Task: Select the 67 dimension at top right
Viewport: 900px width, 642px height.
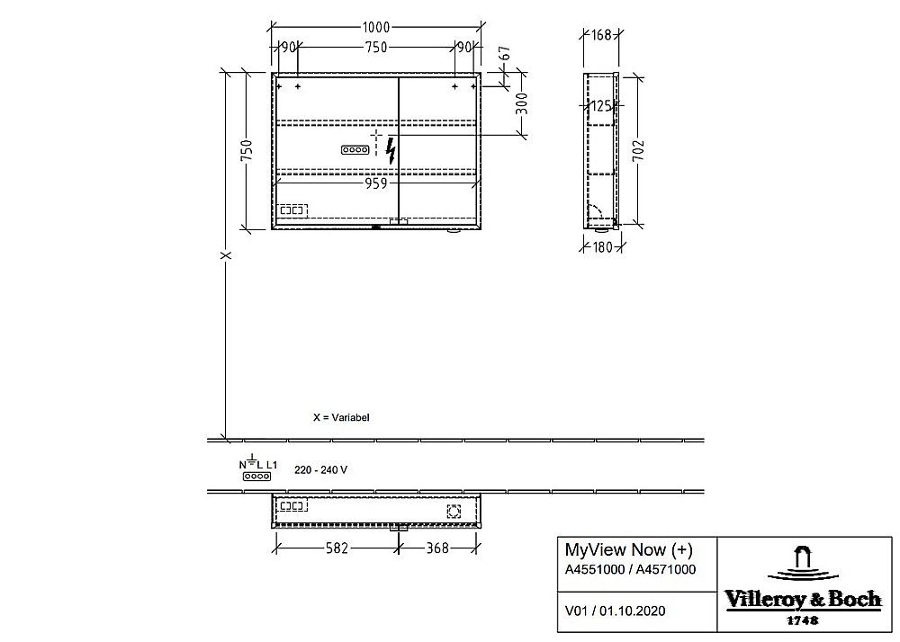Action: coord(505,54)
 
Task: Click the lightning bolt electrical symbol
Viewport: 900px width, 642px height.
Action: coord(390,150)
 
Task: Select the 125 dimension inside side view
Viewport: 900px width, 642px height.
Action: coord(601,106)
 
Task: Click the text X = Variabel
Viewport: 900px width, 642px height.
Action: coord(341,418)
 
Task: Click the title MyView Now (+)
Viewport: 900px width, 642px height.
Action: coord(628,550)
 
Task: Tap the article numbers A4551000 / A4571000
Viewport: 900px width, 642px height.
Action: coord(629,569)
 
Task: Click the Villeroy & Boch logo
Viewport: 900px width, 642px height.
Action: coord(802,585)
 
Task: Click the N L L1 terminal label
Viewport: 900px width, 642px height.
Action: coord(258,464)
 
